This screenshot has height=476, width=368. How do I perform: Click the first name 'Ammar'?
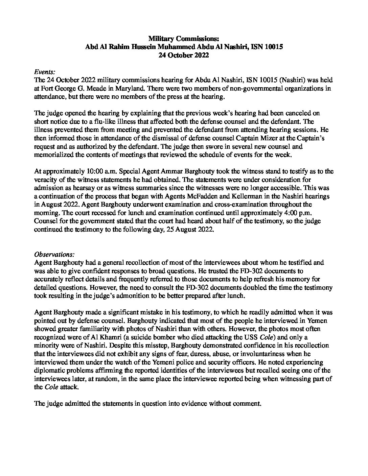tap(157, 171)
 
